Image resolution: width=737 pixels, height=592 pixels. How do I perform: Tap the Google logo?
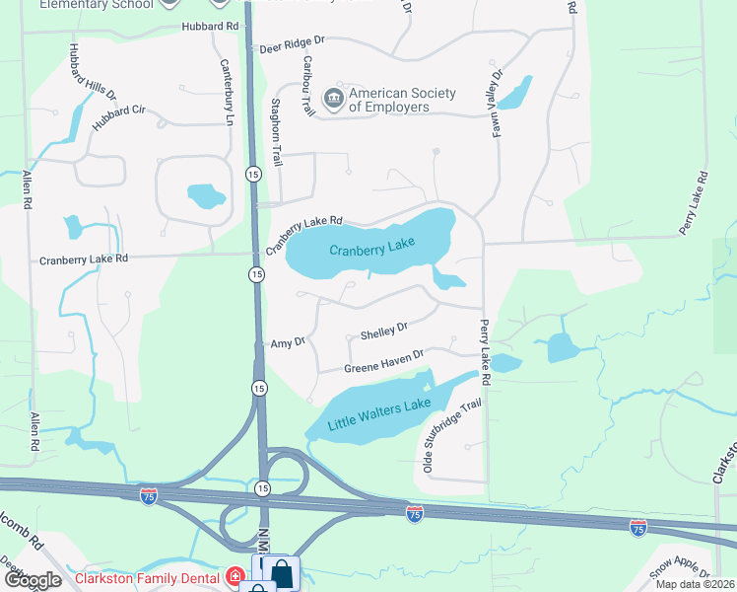coord(33,580)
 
